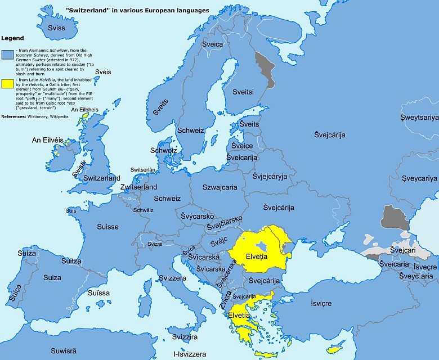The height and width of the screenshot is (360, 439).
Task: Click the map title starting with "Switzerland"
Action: pos(137,11)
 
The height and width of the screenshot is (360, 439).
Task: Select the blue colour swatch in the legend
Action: pos(7,55)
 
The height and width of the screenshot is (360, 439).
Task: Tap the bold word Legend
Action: pos(12,38)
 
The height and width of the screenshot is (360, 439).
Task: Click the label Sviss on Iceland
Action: pos(56,28)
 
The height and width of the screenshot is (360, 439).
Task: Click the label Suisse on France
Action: pos(107,227)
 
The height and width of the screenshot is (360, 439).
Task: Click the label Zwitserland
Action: pos(139,187)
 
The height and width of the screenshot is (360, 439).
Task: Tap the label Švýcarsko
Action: pos(197,215)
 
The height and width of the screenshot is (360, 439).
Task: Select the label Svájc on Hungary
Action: pos(218,241)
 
